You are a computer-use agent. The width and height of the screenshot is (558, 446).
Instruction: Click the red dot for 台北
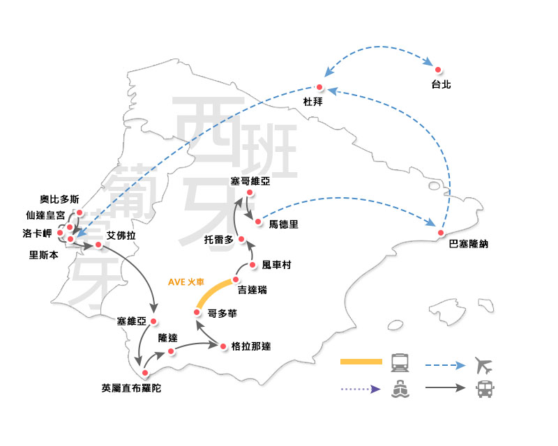[x=438, y=70]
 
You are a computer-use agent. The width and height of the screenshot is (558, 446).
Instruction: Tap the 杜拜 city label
[x=311, y=102]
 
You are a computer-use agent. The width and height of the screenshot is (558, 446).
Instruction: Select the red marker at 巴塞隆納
[x=441, y=232]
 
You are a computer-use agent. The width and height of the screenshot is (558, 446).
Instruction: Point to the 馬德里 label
[x=283, y=224]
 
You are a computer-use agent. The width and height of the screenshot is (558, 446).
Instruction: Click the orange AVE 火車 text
[x=187, y=282]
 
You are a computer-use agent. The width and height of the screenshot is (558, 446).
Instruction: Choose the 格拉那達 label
[x=250, y=346]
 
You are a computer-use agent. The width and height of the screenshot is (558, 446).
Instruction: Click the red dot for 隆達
[x=171, y=351]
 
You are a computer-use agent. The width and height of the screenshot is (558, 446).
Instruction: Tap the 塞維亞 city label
[x=133, y=321]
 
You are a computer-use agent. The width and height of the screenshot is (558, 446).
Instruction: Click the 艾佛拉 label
[x=121, y=236]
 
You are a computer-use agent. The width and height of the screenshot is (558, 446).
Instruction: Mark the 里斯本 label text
[x=43, y=254]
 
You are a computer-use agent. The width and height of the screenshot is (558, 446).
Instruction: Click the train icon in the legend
[x=400, y=362]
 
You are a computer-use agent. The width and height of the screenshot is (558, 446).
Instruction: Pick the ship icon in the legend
[x=400, y=390]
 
